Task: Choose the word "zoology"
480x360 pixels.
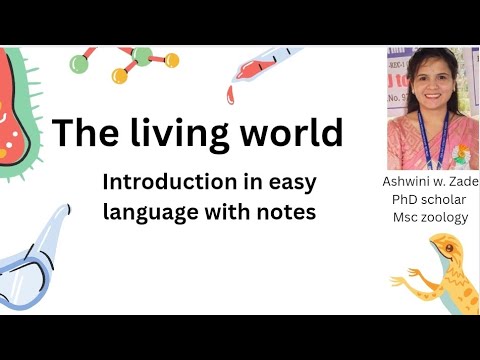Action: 446,217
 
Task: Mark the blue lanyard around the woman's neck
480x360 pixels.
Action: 427,135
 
